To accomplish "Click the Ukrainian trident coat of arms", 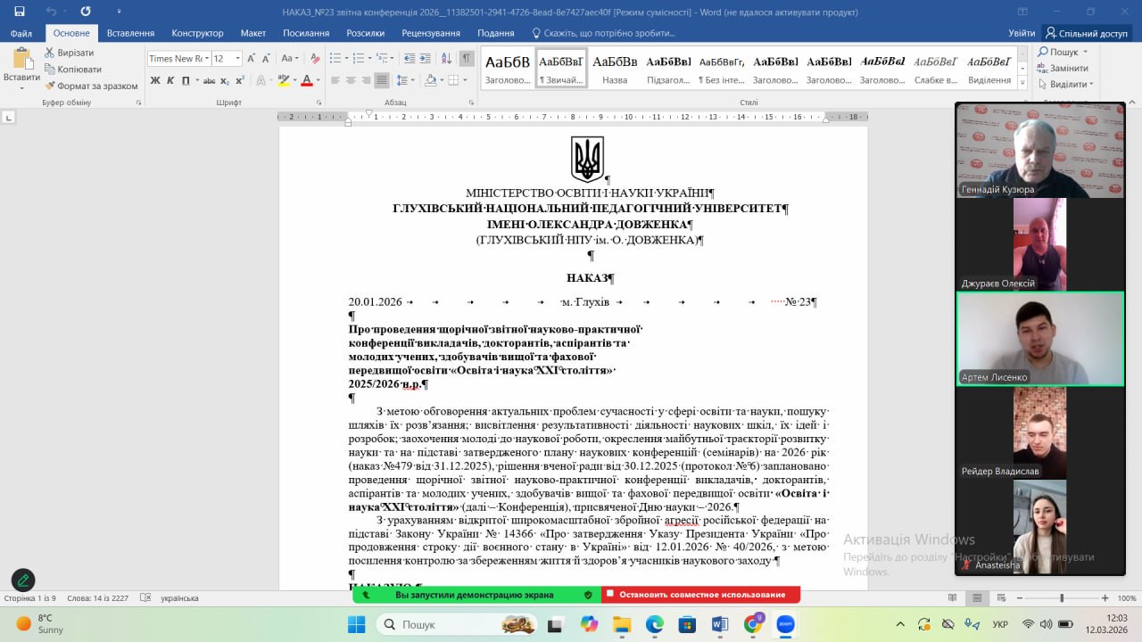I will (x=587, y=159).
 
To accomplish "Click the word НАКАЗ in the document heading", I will (x=587, y=278).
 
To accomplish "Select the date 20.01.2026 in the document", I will (x=375, y=302).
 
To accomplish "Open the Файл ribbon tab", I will (x=21, y=33).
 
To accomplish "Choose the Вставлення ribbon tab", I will (x=130, y=33).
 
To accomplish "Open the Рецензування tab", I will (x=431, y=33).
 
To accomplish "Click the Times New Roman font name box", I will (x=177, y=59).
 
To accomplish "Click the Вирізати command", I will (x=75, y=53).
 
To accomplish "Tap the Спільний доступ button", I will (x=1087, y=33).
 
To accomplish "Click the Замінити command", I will (x=1068, y=69).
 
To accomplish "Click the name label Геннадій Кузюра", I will (x=997, y=190).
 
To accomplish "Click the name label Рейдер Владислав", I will (x=1000, y=471).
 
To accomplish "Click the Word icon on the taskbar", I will (x=720, y=624).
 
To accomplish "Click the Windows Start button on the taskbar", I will (x=356, y=624).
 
